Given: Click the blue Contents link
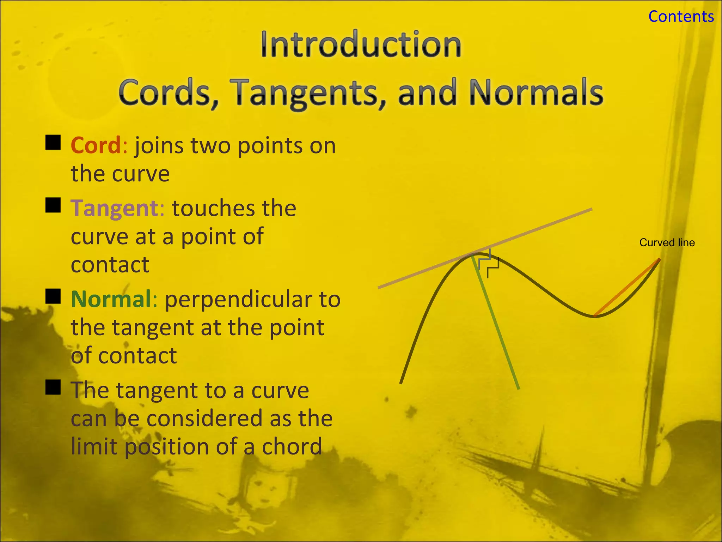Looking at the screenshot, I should tap(681, 17).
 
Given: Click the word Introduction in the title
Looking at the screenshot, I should tap(361, 45).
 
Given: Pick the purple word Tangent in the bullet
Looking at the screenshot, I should tap(115, 208).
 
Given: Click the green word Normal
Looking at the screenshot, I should tap(111, 299).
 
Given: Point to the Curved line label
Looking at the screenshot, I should tap(667, 243).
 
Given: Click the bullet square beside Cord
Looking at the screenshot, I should tap(53, 143).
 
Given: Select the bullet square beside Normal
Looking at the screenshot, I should tap(53, 296).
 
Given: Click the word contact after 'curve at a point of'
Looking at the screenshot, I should tap(110, 265).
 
